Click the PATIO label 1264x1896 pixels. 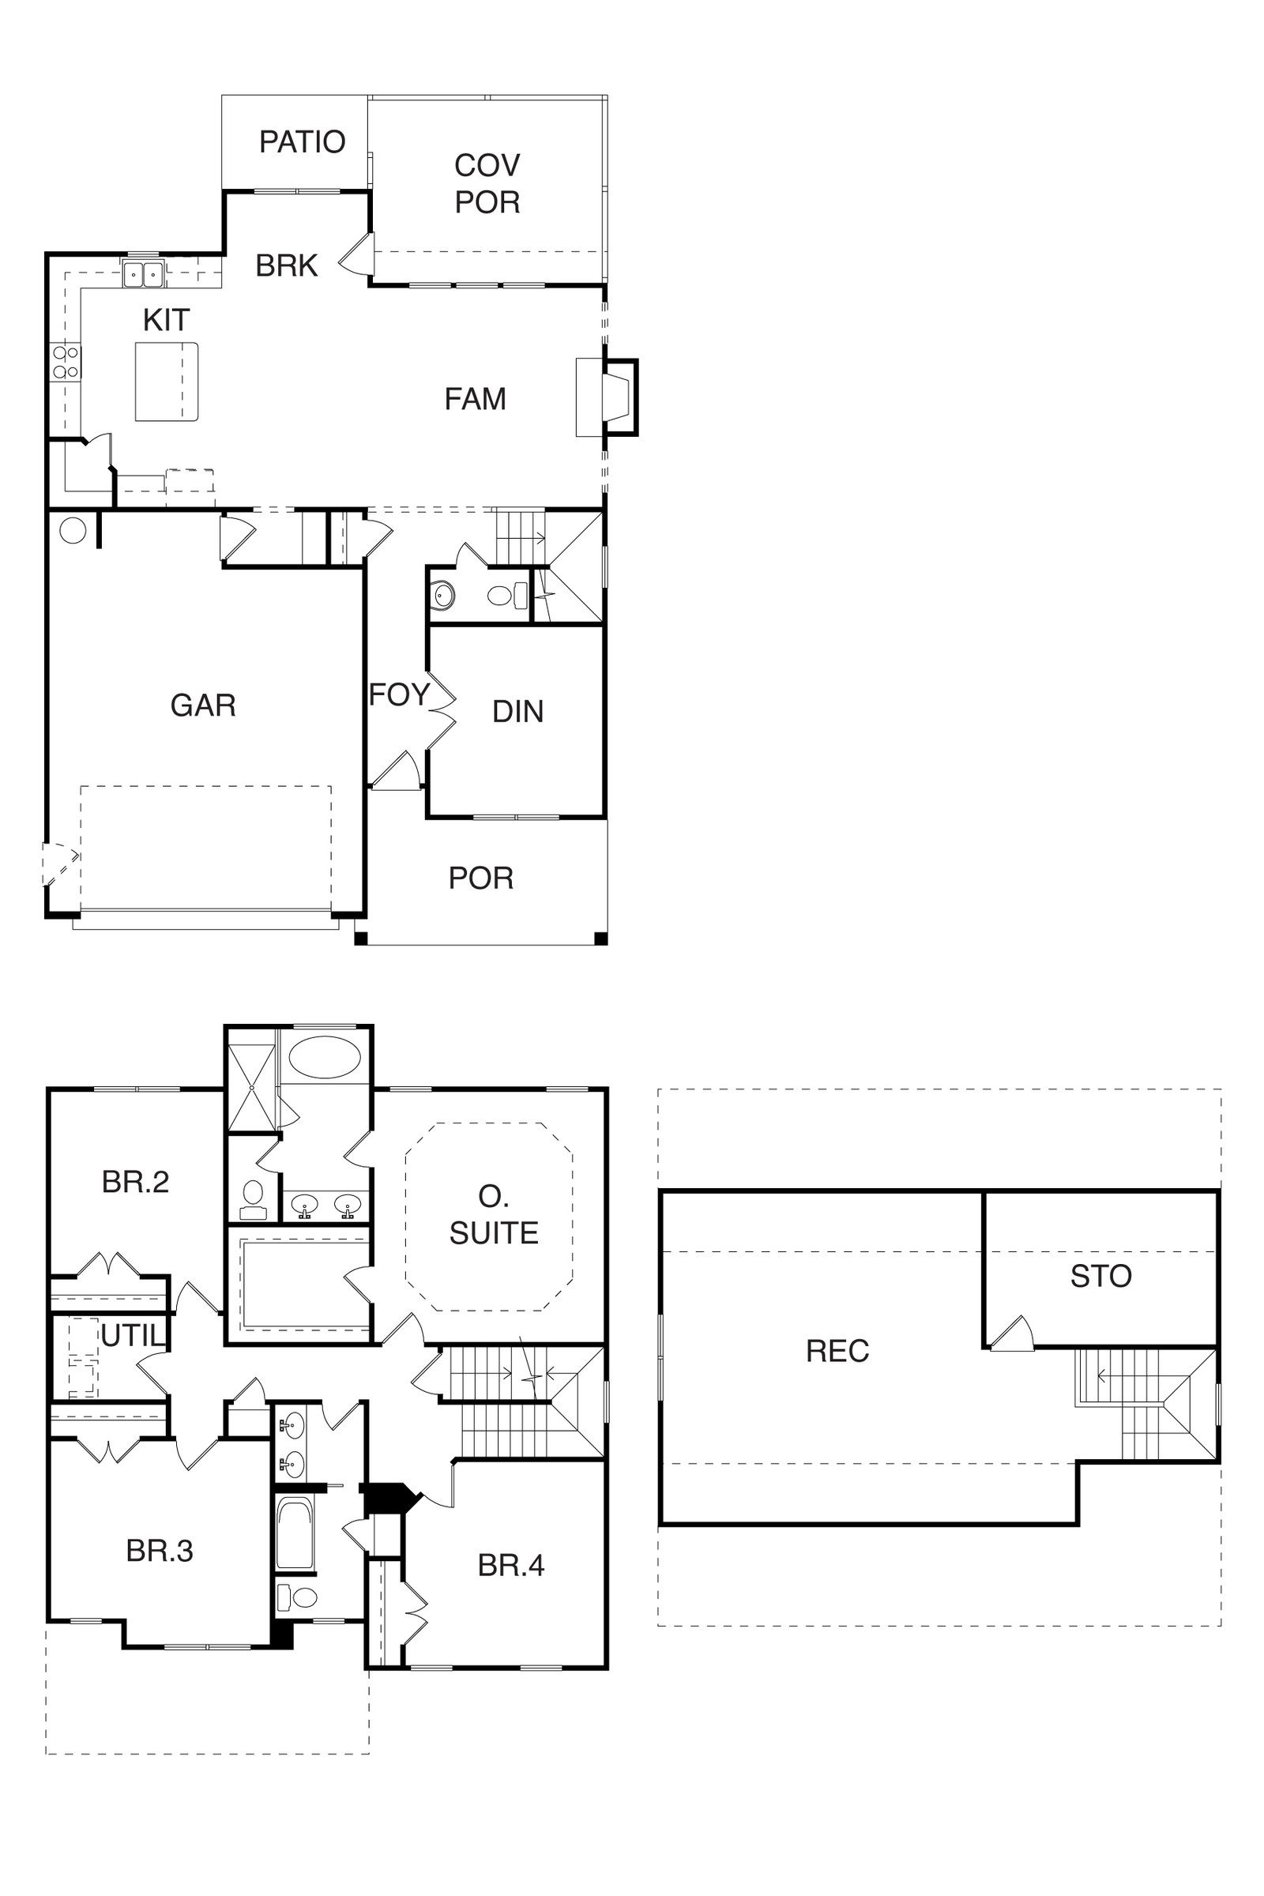[x=303, y=142]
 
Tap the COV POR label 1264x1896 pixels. [x=487, y=183]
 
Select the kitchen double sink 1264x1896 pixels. [x=144, y=274]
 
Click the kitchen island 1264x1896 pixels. [x=167, y=382]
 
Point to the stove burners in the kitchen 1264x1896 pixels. [x=66, y=362]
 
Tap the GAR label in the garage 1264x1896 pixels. [x=203, y=705]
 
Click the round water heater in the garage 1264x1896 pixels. [x=73, y=530]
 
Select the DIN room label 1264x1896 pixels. [x=517, y=711]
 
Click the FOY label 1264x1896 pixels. [x=399, y=694]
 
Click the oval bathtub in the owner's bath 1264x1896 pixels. [x=325, y=1057]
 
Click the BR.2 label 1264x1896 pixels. [x=135, y=1182]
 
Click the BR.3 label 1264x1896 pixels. [x=160, y=1550]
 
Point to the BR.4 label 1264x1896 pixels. [x=511, y=1565]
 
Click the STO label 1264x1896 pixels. [x=1101, y=1275]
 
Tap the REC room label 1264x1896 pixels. [x=837, y=1350]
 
